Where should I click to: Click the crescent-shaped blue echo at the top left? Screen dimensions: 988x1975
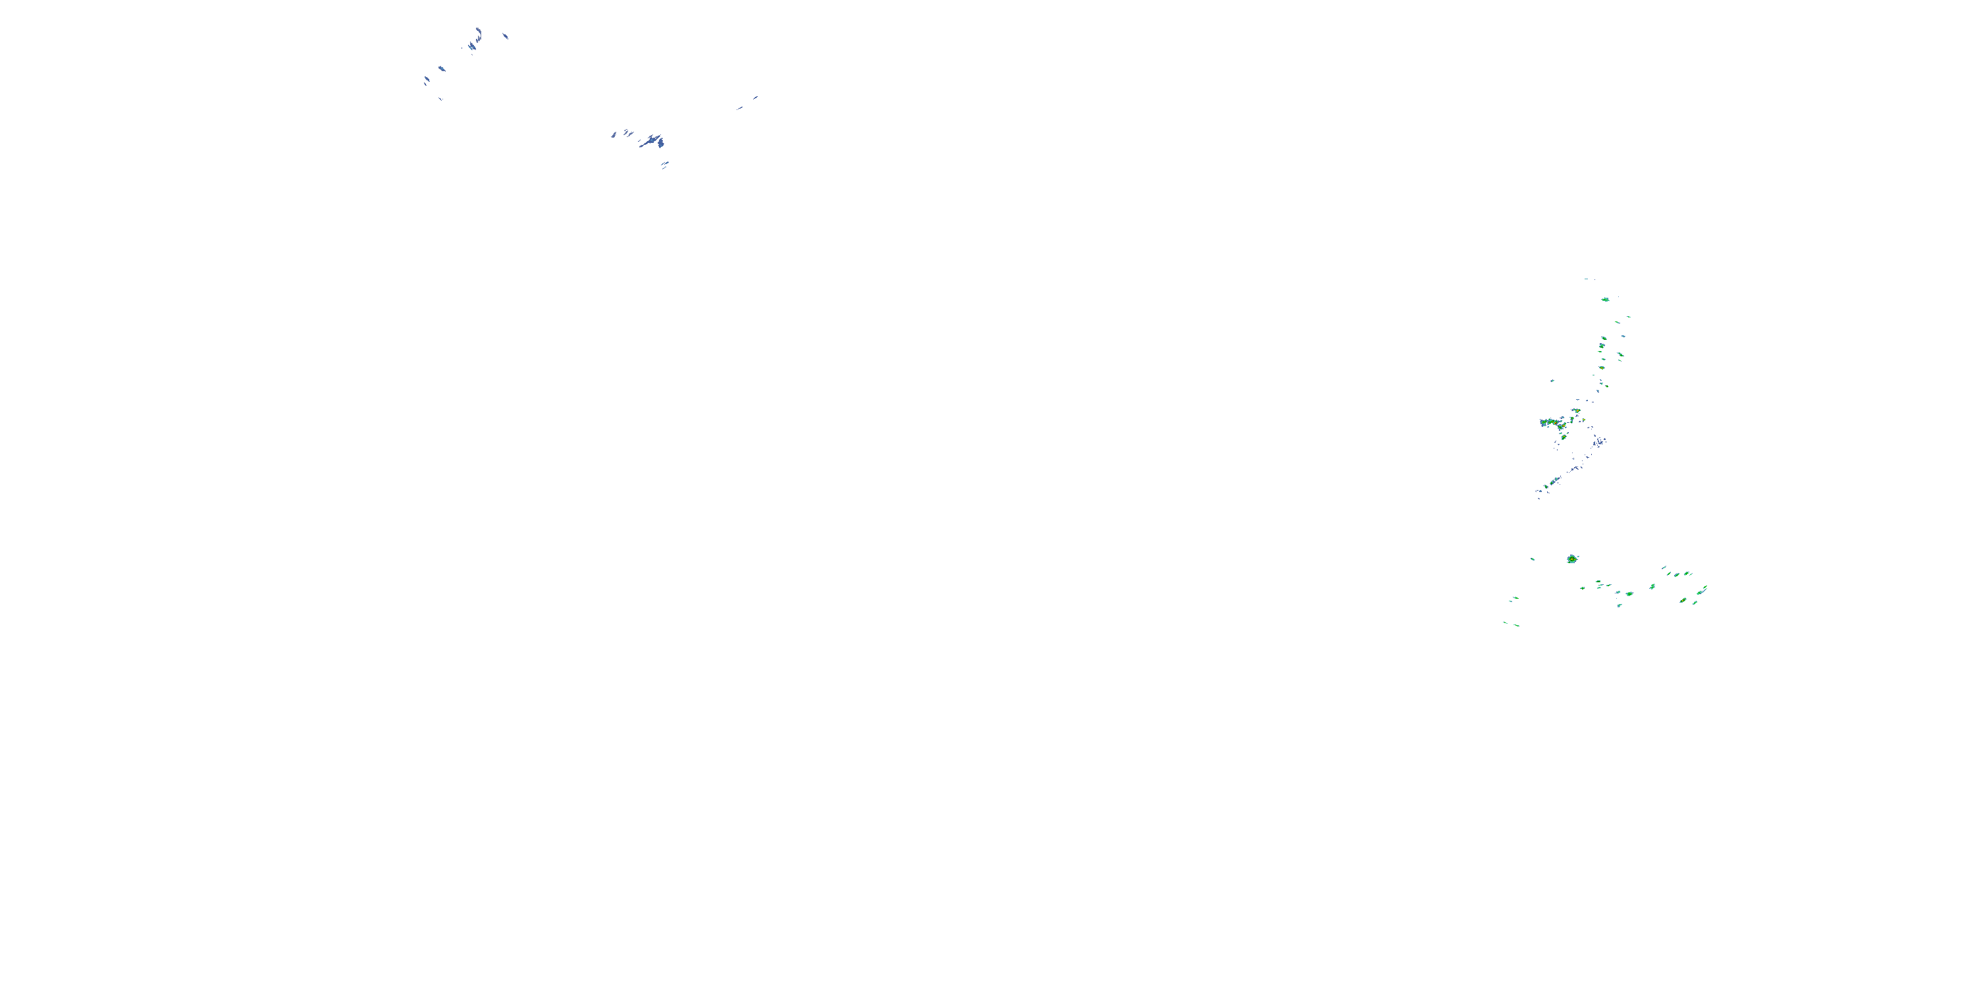479,33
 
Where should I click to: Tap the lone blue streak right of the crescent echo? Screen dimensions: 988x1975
504,36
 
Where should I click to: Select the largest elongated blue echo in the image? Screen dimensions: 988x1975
653,141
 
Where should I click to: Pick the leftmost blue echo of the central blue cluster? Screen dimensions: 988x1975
614,135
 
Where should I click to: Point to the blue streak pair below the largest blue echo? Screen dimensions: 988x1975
665,164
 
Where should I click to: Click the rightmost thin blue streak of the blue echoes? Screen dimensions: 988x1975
755,97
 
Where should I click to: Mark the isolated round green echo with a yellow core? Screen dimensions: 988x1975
1571,559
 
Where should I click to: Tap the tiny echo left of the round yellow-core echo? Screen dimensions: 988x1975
1532,559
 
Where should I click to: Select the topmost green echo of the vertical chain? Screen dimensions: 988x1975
1605,299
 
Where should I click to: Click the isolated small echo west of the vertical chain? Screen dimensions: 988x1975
1552,381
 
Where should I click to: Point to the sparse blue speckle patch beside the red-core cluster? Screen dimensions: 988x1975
1598,442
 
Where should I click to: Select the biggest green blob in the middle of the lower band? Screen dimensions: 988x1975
1629,593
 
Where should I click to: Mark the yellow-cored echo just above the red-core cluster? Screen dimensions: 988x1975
1576,411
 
